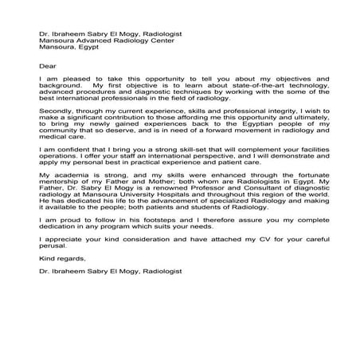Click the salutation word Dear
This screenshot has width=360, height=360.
coord(46,65)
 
